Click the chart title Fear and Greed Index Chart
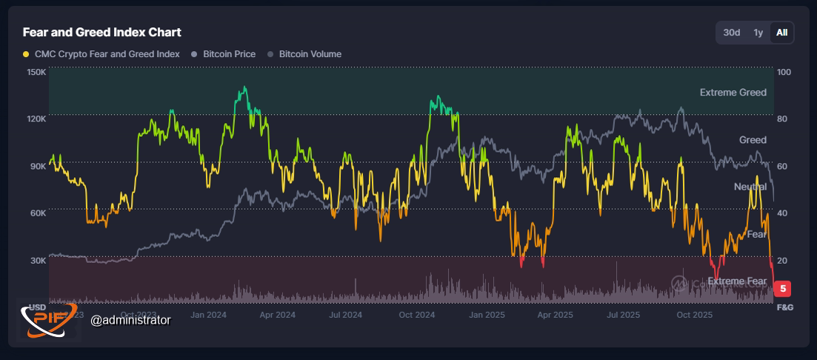102,33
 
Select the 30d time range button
732,33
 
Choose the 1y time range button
758,33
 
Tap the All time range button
781,33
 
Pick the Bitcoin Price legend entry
227,54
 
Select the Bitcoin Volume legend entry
310,54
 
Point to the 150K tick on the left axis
36,73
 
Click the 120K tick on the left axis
36,119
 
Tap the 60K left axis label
37,213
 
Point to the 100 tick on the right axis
784,73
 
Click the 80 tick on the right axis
783,119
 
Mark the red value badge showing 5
783,289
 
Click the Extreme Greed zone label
733,93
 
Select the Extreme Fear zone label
737,281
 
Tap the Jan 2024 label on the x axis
208,315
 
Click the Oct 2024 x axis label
416,315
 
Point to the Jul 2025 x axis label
623,315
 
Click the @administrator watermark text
130,320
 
